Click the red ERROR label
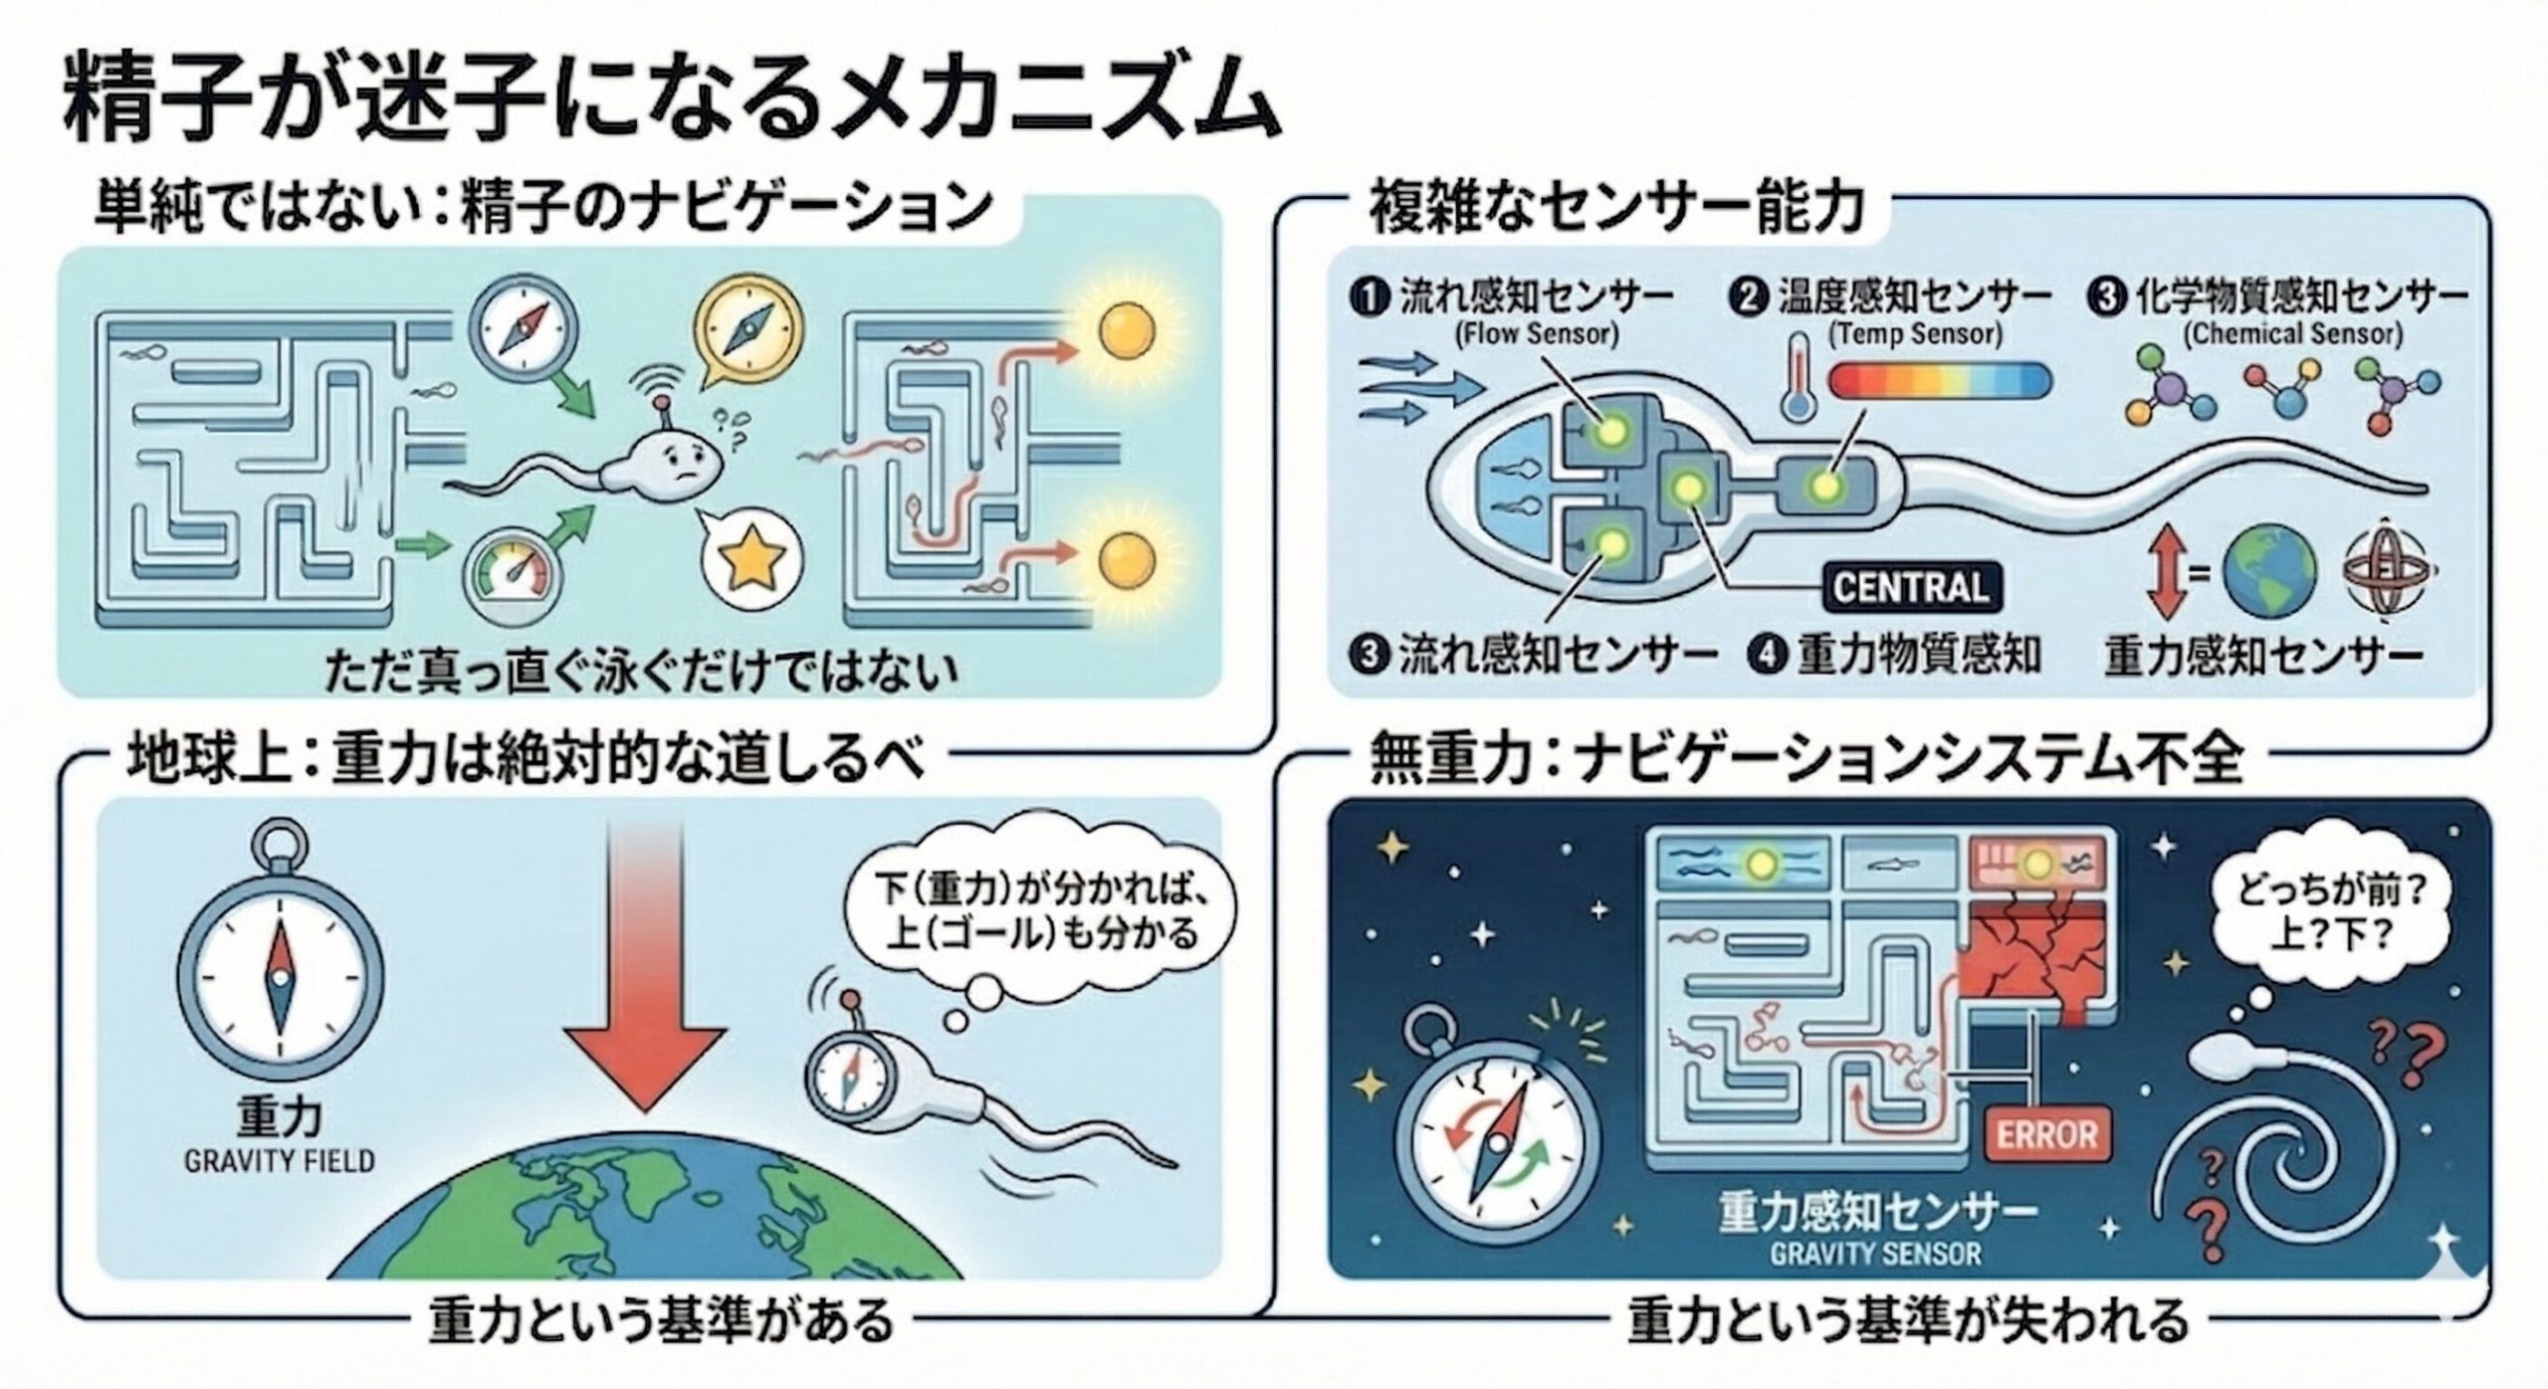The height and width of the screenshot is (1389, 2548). coord(2047,1134)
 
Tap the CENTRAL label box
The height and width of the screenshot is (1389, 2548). coord(1911,586)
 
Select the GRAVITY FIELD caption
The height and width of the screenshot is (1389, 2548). coord(280,1161)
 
